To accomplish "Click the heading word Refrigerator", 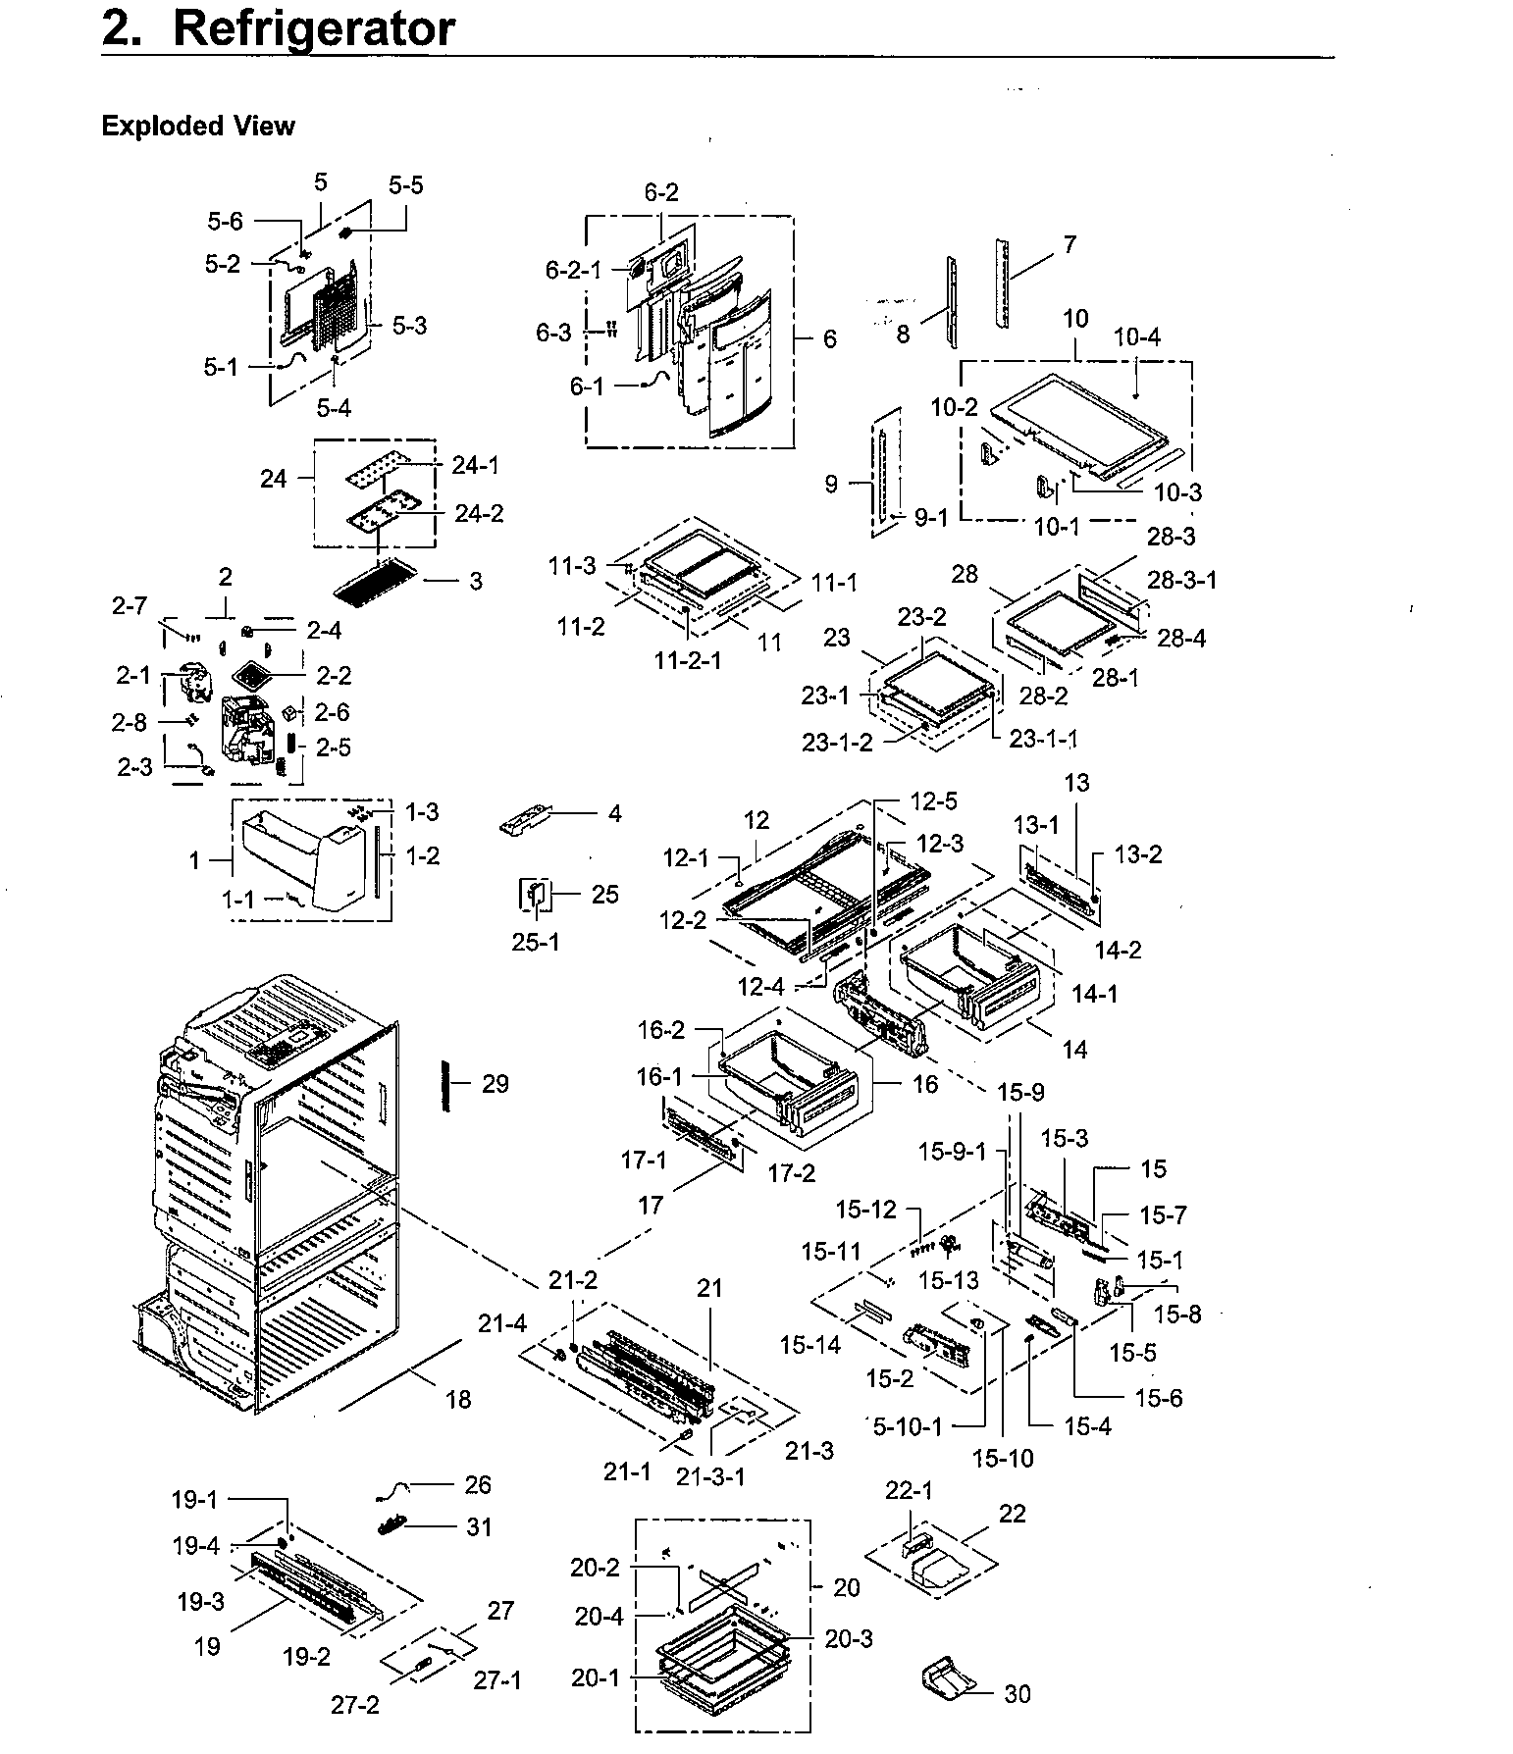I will [x=313, y=29].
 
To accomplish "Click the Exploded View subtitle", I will [x=197, y=127].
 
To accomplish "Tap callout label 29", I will [x=496, y=1084].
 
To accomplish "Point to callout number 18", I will [x=458, y=1400].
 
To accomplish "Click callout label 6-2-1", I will [x=573, y=270].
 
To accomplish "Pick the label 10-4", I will [x=1137, y=337].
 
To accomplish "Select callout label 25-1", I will [x=536, y=942].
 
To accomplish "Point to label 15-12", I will [x=865, y=1210].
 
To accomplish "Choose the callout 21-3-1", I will [x=710, y=1476].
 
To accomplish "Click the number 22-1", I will [x=909, y=1491].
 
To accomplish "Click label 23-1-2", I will [x=836, y=743].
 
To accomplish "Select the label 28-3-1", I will [x=1181, y=580].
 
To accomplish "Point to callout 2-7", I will [x=129, y=608].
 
